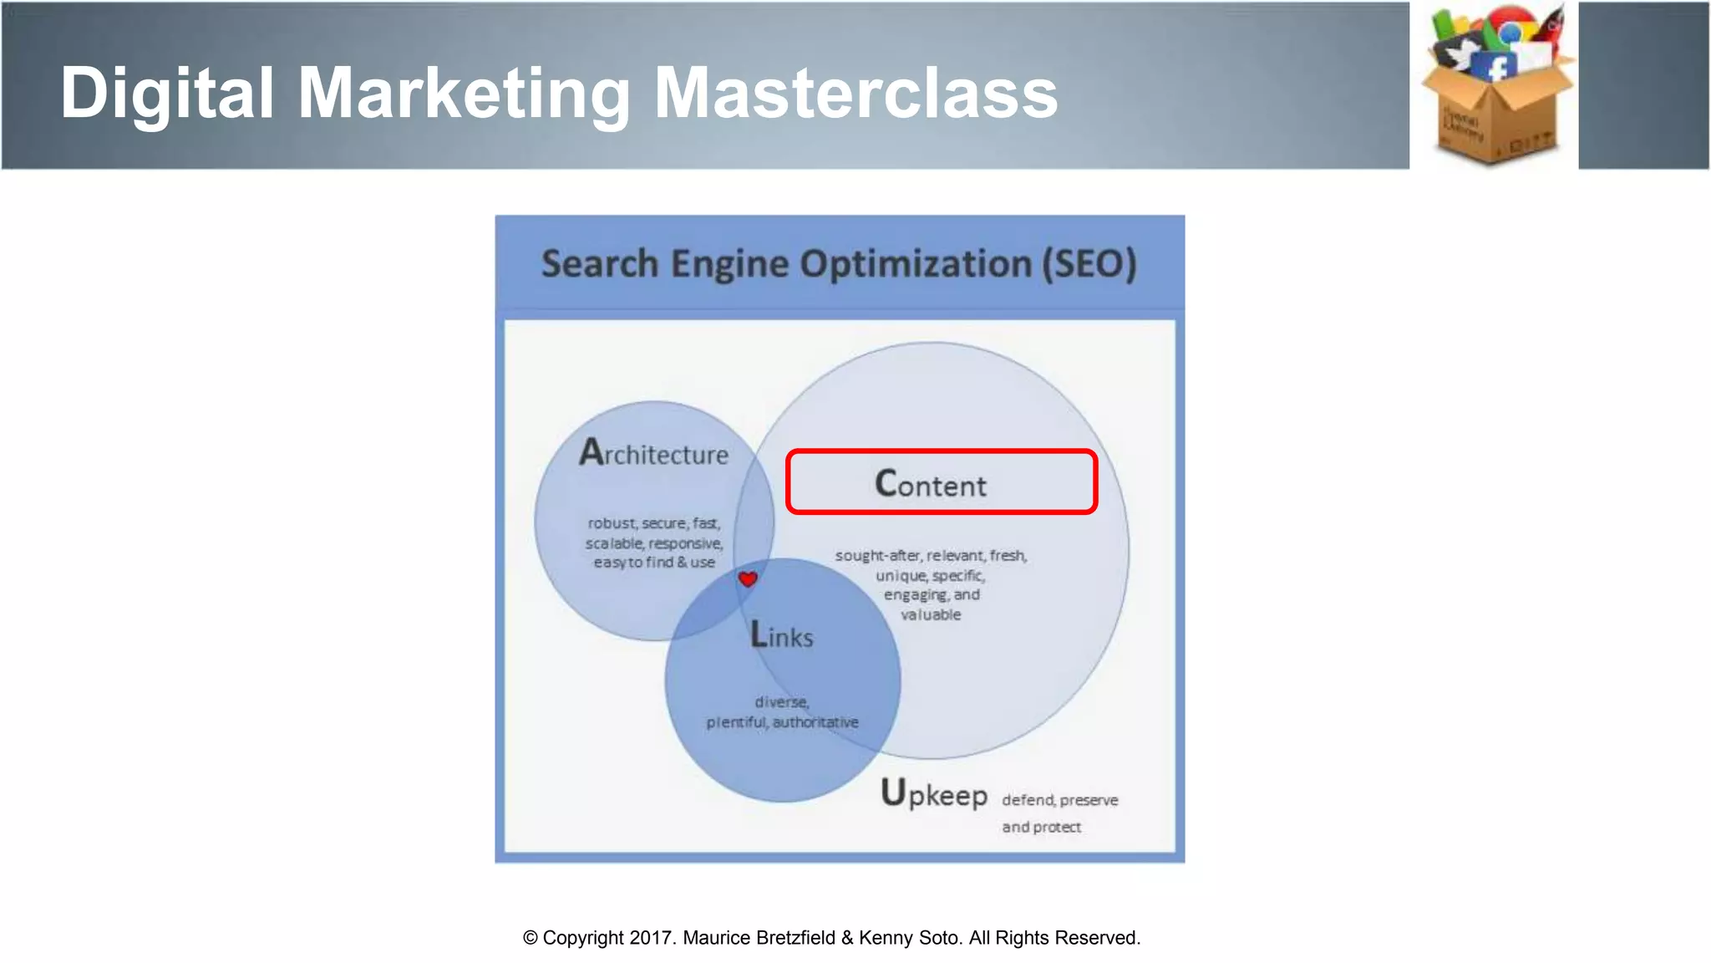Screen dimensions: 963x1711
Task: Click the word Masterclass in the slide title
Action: point(855,94)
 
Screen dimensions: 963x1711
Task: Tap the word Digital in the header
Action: point(167,94)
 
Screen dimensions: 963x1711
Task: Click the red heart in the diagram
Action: point(748,578)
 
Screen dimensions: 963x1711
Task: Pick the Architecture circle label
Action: point(654,453)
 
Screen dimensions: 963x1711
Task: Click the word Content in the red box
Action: point(931,484)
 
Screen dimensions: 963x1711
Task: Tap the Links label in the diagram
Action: point(781,636)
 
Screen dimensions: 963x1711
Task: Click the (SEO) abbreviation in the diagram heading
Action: point(1089,264)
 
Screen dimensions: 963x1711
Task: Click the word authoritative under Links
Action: point(815,722)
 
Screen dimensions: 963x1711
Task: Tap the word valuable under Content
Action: point(931,615)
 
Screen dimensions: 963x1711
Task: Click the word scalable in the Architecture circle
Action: point(614,543)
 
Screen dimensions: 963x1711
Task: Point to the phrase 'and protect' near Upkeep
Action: point(1041,827)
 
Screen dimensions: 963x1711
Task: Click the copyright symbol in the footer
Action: point(531,938)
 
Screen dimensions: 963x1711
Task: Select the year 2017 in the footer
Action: point(650,938)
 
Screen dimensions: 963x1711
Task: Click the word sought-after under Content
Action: point(878,556)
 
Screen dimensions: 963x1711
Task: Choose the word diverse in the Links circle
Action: point(781,702)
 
